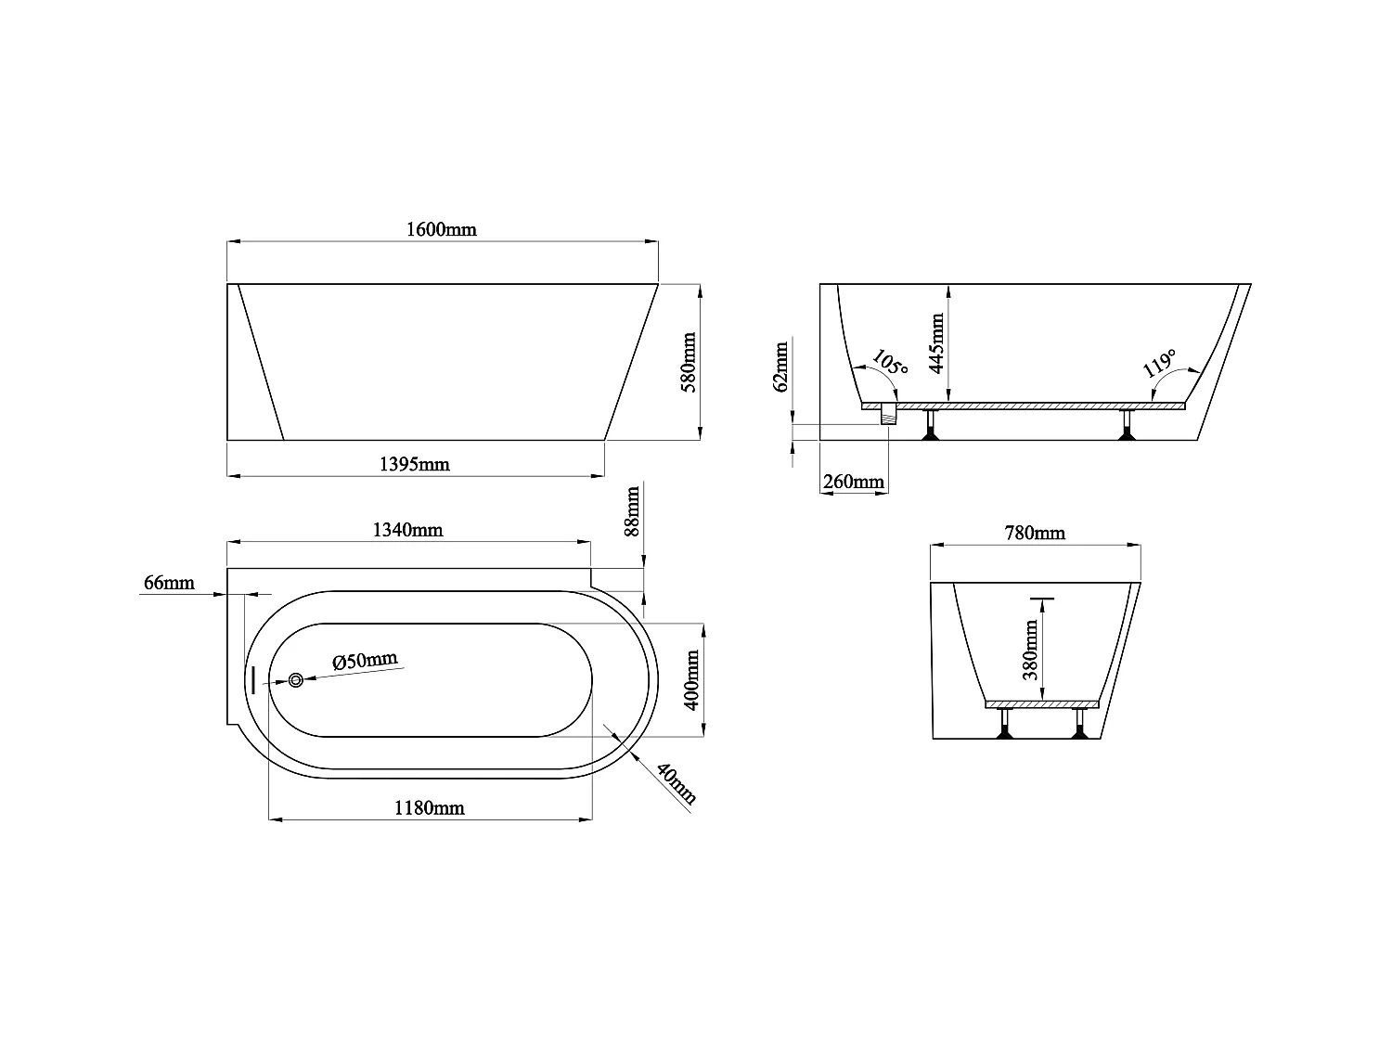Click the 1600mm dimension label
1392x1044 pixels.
(442, 229)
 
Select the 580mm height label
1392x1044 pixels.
(690, 363)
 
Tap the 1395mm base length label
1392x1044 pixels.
(415, 464)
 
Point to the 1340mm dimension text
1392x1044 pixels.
(407, 530)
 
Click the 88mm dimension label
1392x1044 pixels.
(632, 511)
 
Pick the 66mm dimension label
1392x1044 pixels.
(169, 583)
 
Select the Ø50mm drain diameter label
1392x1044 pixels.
(365, 661)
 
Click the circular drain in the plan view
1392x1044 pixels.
(295, 680)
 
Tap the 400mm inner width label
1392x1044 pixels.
(691, 680)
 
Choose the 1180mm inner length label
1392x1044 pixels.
(429, 808)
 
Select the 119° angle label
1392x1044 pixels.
(1159, 363)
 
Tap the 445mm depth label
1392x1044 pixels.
(936, 343)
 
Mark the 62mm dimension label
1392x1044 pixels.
(781, 367)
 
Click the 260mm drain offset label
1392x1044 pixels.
(854, 482)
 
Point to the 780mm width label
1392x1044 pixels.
(1035, 534)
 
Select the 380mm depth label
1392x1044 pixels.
(1030, 651)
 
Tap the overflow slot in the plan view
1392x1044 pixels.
(251, 679)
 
